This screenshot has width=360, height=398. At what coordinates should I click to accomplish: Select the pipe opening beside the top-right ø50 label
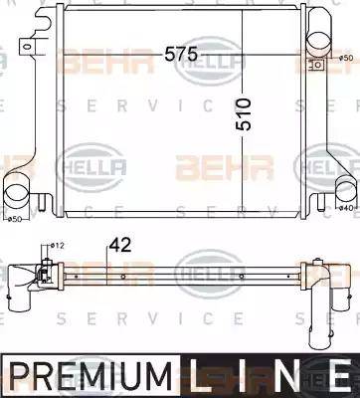click(320, 39)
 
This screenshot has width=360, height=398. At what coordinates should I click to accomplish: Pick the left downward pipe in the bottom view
click(22, 298)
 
